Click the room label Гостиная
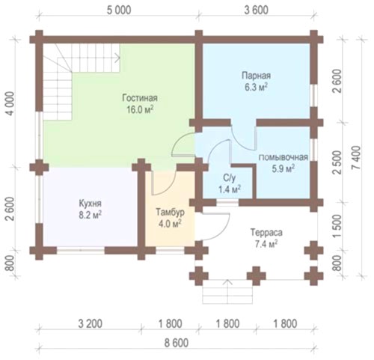pos(140,98)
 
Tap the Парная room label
pos(257,76)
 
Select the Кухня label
pos(91,204)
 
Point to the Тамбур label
pos(170,213)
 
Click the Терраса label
pos(266,233)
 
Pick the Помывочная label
pos(283,157)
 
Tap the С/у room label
pos(230,178)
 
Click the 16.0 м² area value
pos(140,109)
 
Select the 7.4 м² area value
pos(266,244)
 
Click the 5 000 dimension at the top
pos(119,10)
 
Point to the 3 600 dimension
pos(257,10)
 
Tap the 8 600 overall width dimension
pos(177,343)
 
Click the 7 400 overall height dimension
pos(357,158)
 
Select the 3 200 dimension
pos(90,324)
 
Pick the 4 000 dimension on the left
pos(10,103)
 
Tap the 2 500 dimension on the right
pos(337,162)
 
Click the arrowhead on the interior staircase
pos(117,58)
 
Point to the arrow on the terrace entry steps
pos(227,291)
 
